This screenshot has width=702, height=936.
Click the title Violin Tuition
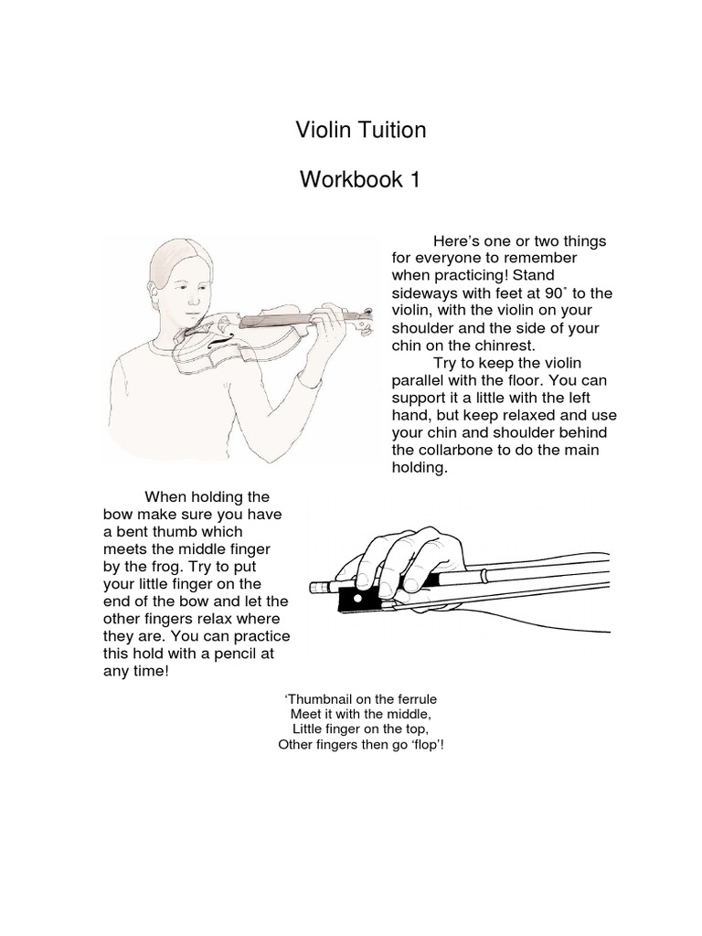click(360, 131)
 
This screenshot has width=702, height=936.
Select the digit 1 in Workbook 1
click(414, 180)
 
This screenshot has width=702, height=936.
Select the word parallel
click(419, 380)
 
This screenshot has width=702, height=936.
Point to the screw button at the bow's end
click(319, 588)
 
